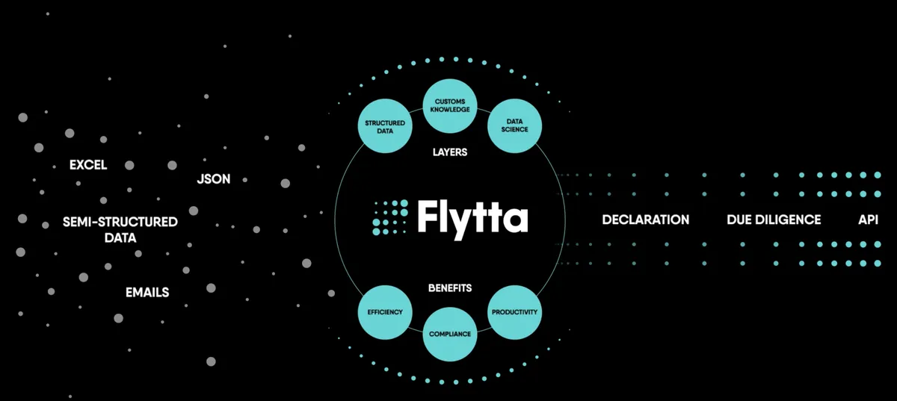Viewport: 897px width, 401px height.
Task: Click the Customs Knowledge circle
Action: pos(450,105)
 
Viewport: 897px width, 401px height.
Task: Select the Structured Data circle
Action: pos(385,126)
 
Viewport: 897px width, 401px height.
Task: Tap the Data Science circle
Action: pos(514,126)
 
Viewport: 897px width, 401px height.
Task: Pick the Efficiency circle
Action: pos(385,312)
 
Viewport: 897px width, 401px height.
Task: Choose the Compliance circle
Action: pos(450,335)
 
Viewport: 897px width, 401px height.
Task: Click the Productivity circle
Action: pos(514,312)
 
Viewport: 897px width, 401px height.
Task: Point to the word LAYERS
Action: pos(450,152)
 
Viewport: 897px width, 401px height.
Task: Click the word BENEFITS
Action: pos(450,287)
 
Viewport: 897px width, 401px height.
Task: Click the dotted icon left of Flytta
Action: pos(390,217)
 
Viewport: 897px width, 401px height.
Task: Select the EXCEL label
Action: pos(88,165)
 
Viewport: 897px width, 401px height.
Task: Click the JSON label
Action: pos(214,179)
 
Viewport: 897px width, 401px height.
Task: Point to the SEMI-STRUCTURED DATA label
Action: pos(120,230)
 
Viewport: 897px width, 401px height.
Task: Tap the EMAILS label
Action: pos(147,293)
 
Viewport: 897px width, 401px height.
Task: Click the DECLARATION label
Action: pos(646,220)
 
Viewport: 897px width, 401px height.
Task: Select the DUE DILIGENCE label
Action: pos(774,220)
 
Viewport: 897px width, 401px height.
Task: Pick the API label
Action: pos(868,220)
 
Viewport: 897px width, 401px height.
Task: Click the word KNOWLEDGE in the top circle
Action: pos(450,110)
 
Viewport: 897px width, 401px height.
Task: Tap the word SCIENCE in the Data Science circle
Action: pos(514,130)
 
